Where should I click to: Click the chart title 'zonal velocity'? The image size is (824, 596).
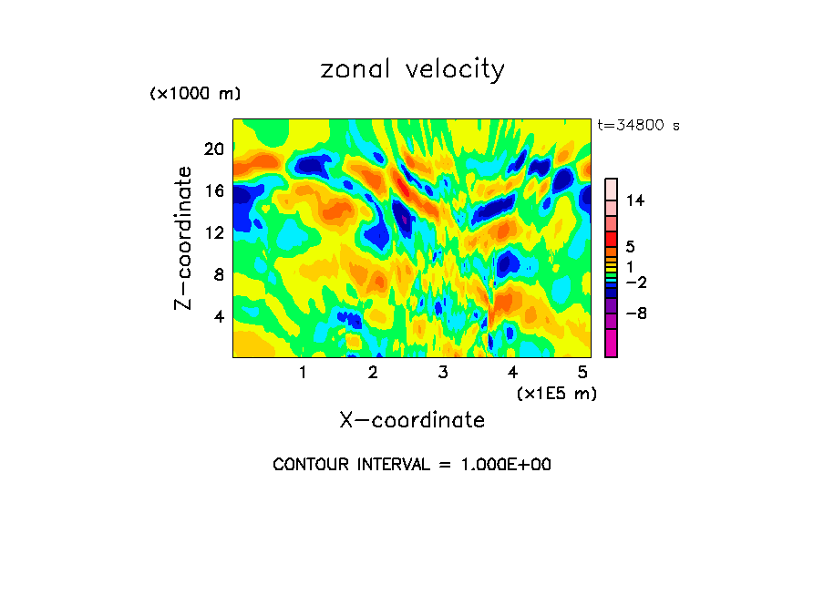pyautogui.click(x=412, y=69)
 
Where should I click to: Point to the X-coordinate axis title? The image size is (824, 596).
pyautogui.click(x=412, y=419)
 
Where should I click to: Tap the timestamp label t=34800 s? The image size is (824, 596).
pyautogui.click(x=638, y=126)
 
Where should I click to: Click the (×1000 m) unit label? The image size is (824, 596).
pyautogui.click(x=195, y=95)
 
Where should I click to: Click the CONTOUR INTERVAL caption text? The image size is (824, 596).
pyautogui.click(x=412, y=465)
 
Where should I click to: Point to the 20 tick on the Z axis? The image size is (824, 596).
pyautogui.click(x=214, y=149)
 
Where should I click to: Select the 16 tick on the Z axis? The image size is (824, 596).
pyautogui.click(x=214, y=190)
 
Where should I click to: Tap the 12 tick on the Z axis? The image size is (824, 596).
pyautogui.click(x=214, y=232)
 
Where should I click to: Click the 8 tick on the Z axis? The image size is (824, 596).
pyautogui.click(x=219, y=274)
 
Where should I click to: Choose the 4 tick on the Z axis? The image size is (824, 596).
pyautogui.click(x=219, y=316)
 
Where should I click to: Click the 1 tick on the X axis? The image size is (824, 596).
pyautogui.click(x=303, y=372)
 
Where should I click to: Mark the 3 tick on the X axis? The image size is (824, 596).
pyautogui.click(x=443, y=372)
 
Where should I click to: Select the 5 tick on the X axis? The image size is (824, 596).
pyautogui.click(x=583, y=372)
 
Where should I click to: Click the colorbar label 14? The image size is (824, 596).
pyautogui.click(x=636, y=201)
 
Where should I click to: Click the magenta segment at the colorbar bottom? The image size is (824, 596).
pyautogui.click(x=611, y=343)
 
